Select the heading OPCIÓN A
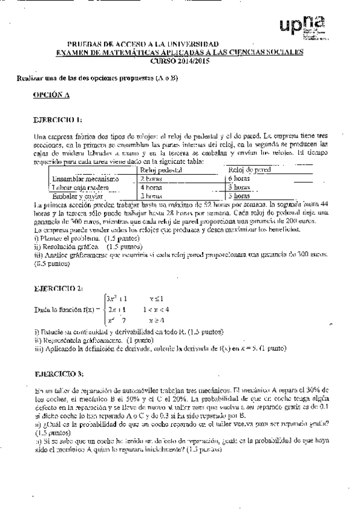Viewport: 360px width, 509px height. [x=52, y=95]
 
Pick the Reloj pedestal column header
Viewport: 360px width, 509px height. [x=157, y=170]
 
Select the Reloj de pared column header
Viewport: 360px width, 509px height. [x=250, y=170]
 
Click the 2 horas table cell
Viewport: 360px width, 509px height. [x=151, y=179]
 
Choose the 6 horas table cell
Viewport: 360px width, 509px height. [x=240, y=179]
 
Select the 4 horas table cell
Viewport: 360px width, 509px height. [x=151, y=187]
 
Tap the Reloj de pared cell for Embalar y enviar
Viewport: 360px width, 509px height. [x=240, y=196]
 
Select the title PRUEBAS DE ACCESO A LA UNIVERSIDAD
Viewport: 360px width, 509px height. [x=143, y=44]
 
